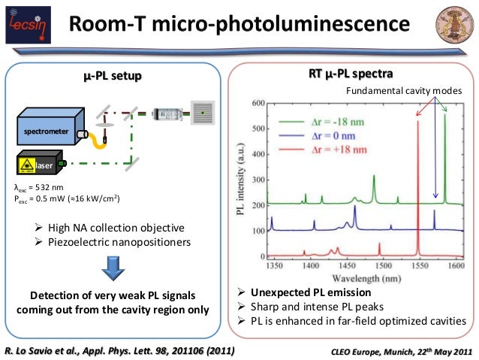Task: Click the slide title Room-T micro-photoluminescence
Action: tap(239, 26)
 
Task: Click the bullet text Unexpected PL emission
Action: tap(311, 292)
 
